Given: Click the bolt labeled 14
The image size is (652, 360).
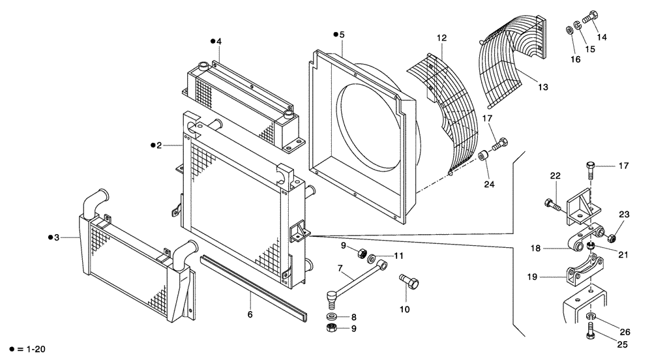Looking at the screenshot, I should coord(587,19).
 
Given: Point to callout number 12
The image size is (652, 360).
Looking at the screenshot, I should coord(441,38).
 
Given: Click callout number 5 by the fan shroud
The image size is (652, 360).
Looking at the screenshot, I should coord(342,35).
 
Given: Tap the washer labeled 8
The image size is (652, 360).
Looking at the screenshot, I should coord(333,316).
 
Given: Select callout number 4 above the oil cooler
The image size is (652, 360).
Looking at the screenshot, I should coord(219,41).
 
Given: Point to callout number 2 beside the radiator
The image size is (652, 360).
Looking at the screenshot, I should coord(158,145).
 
